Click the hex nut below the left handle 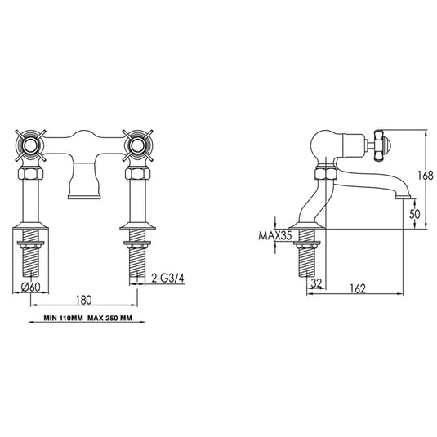(32, 174)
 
